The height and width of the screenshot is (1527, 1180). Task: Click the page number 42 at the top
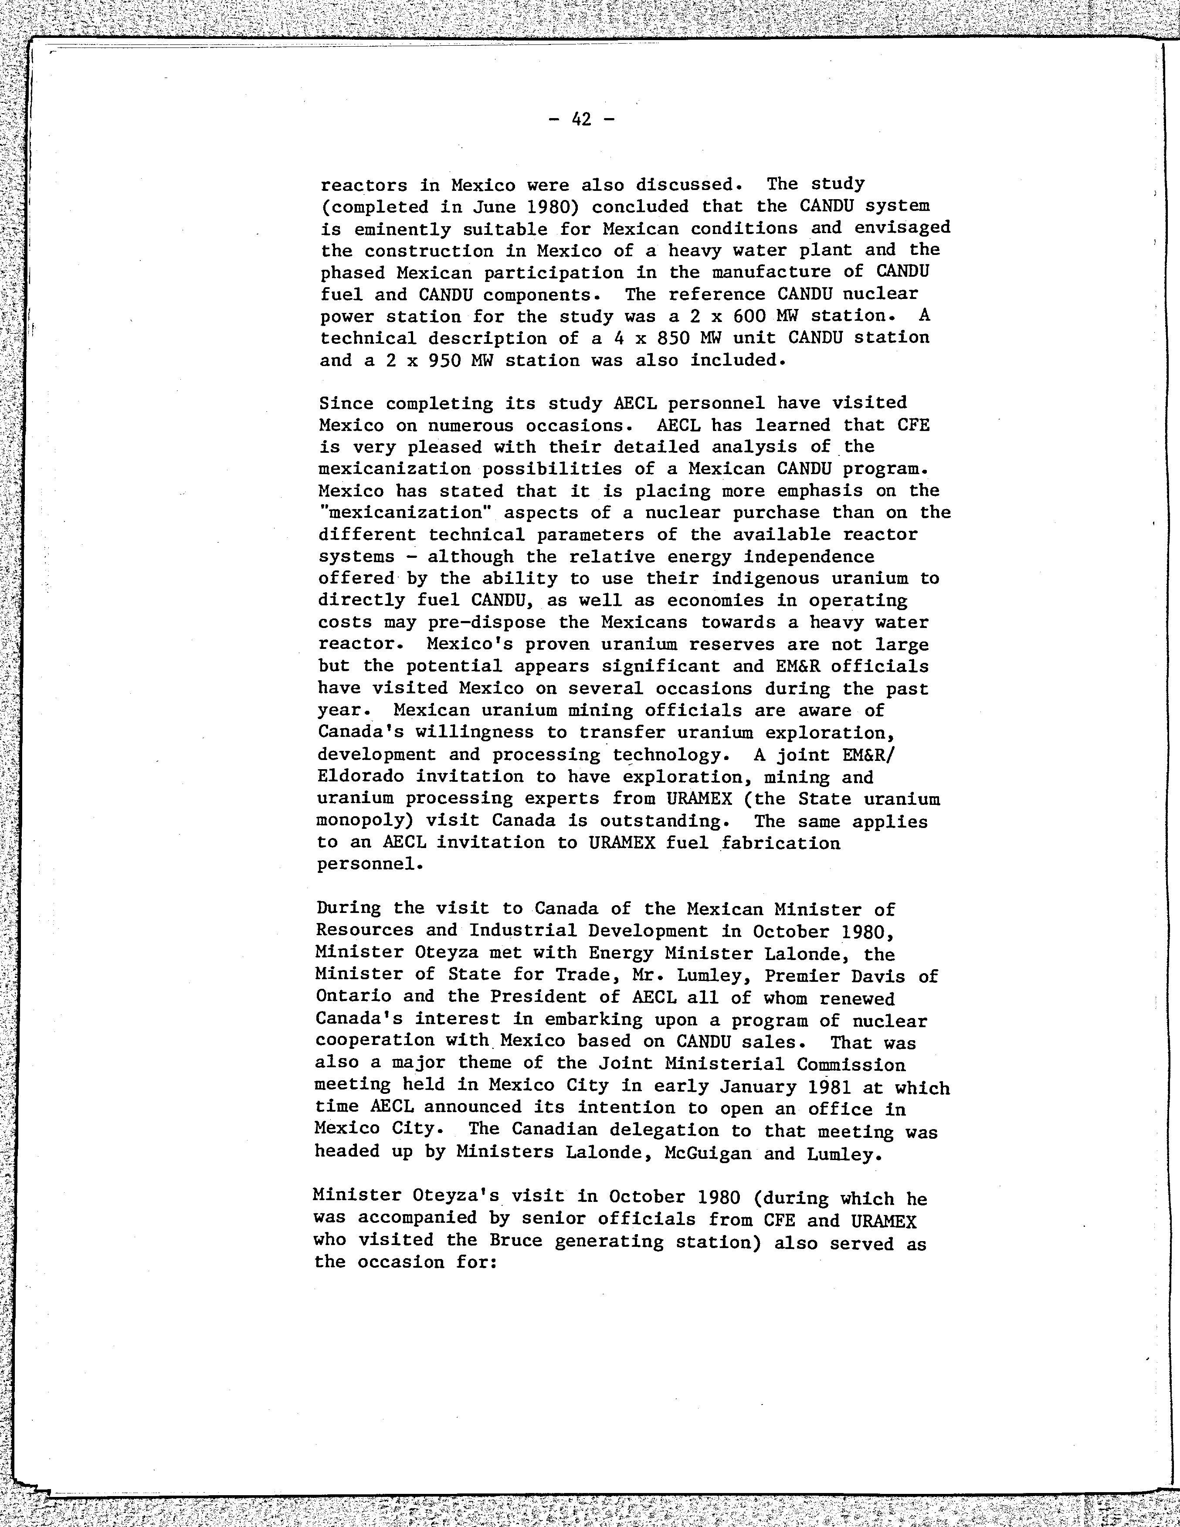581,119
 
